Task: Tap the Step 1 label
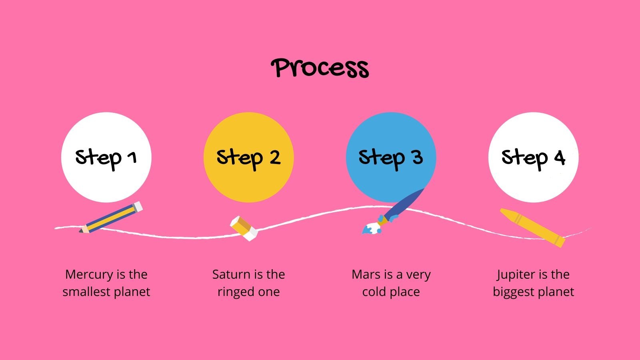pos(106,158)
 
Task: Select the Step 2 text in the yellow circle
pos(248,158)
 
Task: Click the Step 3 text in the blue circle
pos(391,158)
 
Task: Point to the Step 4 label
pos(533,158)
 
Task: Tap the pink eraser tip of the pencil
pos(137,206)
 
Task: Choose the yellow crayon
pos(532,227)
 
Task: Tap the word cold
pos(374,292)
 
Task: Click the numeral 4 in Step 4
pos(559,158)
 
